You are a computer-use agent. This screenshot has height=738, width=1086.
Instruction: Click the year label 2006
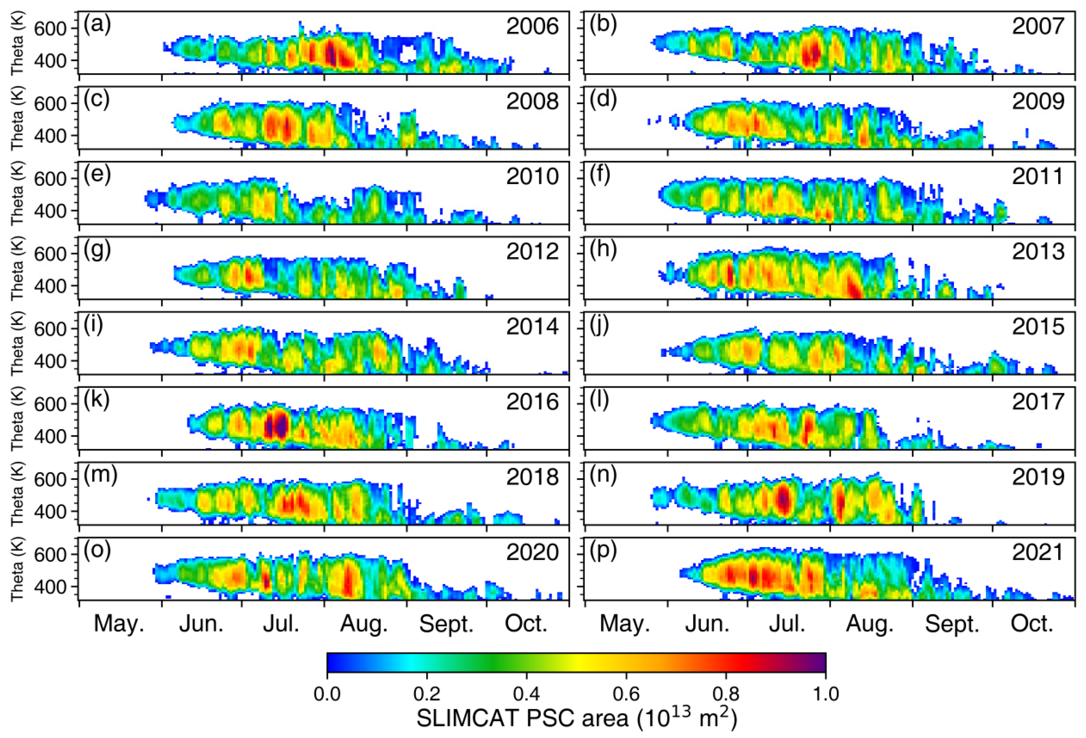tap(532, 26)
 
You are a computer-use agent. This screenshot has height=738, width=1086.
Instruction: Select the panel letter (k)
tap(96, 400)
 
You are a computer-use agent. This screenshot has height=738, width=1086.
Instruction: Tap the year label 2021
tap(1038, 552)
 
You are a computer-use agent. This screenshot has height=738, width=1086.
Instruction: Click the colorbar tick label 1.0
tap(825, 694)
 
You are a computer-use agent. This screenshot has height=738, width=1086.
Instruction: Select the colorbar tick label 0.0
tap(327, 694)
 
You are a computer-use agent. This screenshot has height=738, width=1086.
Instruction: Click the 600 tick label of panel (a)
tap(50, 28)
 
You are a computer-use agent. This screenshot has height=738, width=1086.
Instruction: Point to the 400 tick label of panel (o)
tap(50, 587)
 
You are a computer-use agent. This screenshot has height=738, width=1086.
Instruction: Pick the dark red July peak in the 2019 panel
tap(783, 499)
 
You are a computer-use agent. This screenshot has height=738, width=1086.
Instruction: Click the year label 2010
tap(532, 177)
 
